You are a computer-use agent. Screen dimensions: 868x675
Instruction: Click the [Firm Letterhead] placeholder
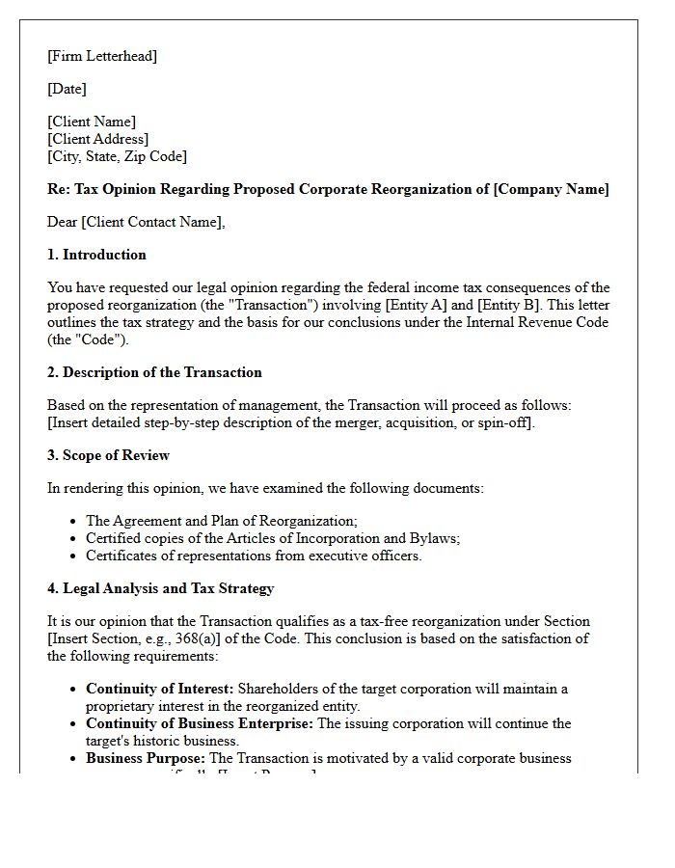[x=102, y=56]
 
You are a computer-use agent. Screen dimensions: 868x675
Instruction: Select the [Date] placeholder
[x=67, y=89]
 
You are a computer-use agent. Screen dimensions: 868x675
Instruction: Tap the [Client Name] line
[x=92, y=122]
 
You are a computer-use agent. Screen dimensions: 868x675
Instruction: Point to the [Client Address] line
[x=97, y=139]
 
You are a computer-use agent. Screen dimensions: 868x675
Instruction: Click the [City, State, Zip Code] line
[x=117, y=156]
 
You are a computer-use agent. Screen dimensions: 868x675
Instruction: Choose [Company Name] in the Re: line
[x=551, y=189]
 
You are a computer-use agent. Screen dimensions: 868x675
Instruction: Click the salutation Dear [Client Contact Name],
[x=136, y=222]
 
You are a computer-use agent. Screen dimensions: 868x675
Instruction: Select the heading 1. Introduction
[x=96, y=255]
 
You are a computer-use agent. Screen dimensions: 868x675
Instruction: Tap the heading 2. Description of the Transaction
[x=154, y=372]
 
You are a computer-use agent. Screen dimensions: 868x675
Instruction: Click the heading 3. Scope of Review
[x=108, y=455]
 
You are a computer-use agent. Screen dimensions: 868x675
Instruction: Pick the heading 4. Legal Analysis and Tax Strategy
[x=161, y=588]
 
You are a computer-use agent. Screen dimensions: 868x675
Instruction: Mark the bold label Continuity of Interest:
[x=159, y=689]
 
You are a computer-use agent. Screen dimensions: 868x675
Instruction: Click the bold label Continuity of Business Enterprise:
[x=199, y=723]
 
